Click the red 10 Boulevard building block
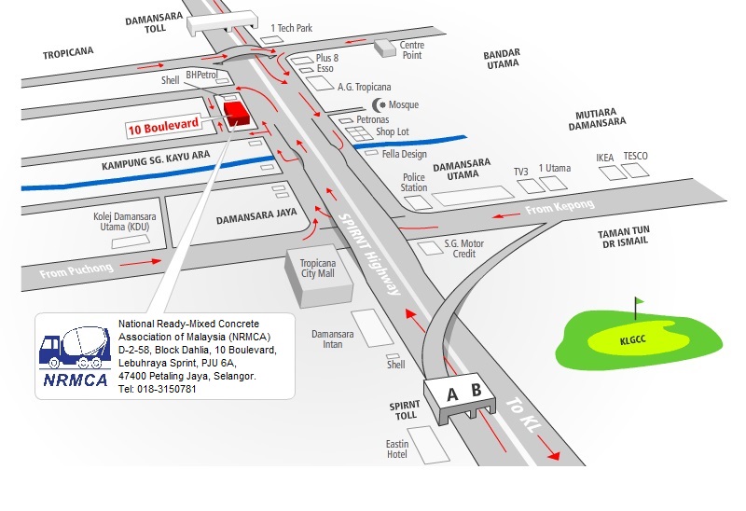[x=236, y=113]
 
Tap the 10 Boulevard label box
[x=164, y=129]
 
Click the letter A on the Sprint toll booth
[x=452, y=394]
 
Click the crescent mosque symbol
[x=379, y=104]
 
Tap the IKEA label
[x=605, y=158]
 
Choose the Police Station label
[x=414, y=182]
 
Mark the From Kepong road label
[x=552, y=210]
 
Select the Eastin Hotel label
[x=396, y=449]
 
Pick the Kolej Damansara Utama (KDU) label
[x=121, y=221]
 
